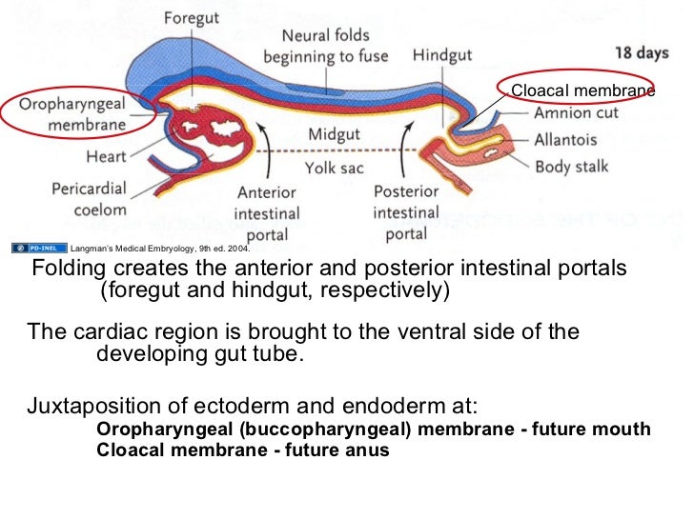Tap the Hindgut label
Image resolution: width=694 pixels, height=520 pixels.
tap(442, 55)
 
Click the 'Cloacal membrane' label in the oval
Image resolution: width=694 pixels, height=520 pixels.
tap(582, 91)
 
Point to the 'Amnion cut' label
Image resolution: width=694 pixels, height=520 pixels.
tap(576, 112)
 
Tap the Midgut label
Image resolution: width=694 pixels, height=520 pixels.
tap(334, 135)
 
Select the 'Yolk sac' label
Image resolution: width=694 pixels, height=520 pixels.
tap(334, 169)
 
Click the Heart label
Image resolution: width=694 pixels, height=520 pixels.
tap(105, 155)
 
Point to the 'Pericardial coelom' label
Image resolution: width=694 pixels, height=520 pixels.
tap(88, 198)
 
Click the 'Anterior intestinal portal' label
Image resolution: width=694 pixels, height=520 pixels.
tap(268, 213)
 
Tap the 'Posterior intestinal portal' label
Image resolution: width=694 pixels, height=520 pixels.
tap(406, 213)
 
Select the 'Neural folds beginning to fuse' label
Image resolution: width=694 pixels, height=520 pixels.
tap(326, 47)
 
